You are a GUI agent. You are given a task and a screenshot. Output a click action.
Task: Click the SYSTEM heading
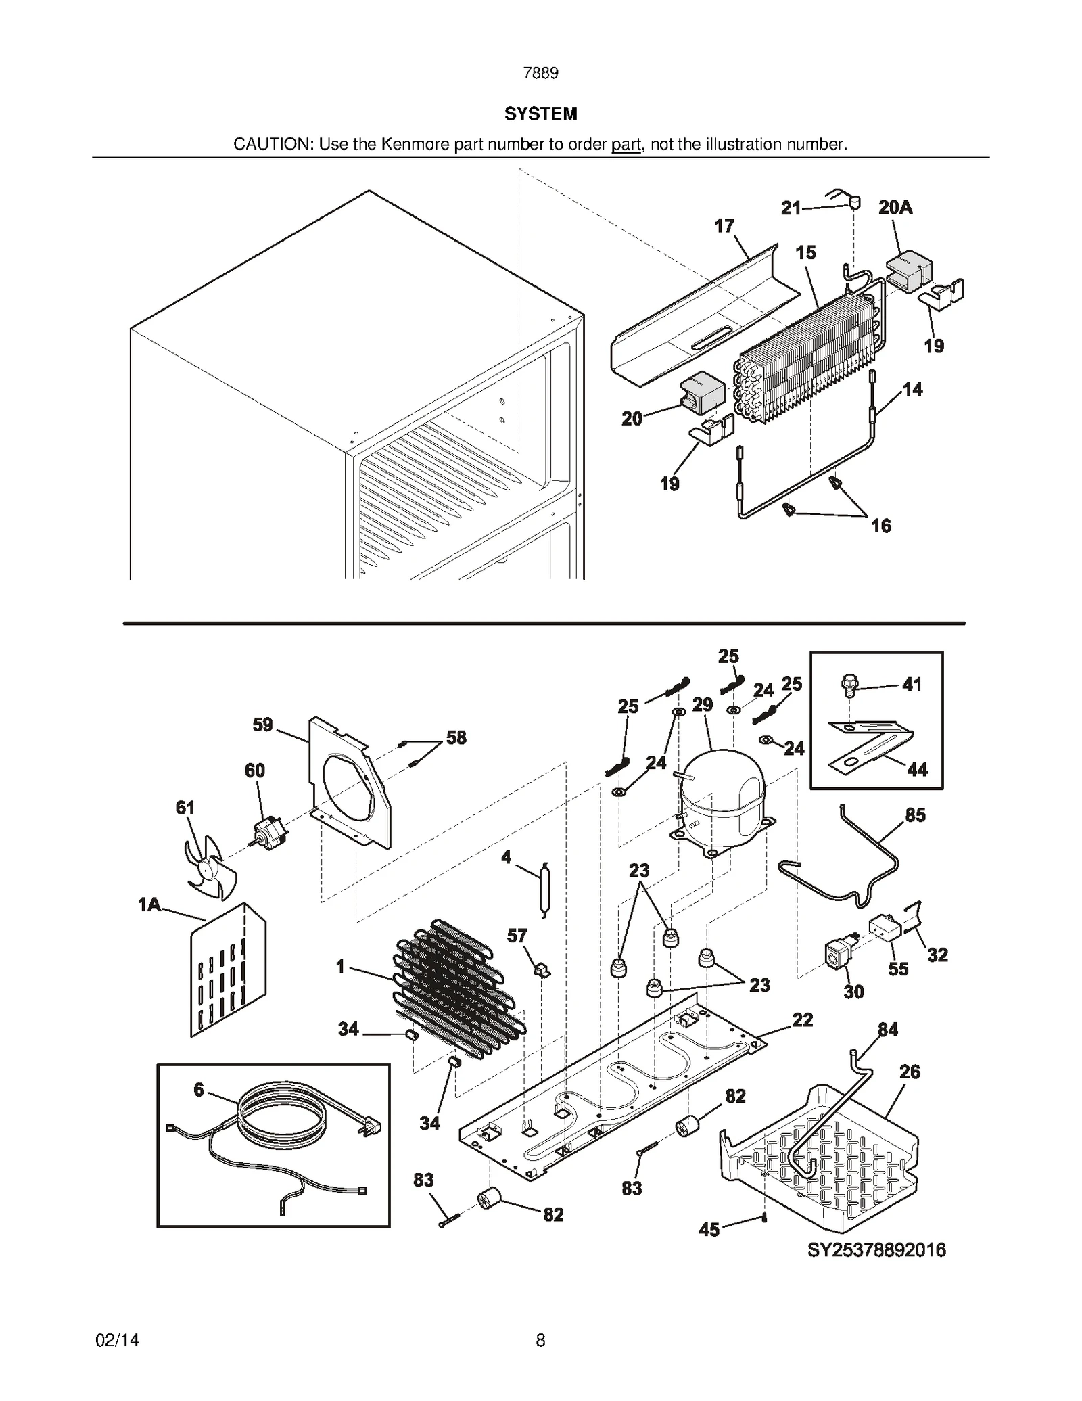540,114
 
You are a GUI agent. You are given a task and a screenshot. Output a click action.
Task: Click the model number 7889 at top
540,73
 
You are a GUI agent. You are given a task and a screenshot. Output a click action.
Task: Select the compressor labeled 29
721,798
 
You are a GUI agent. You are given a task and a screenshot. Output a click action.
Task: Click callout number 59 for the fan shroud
262,725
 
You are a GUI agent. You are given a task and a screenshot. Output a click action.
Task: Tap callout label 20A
895,208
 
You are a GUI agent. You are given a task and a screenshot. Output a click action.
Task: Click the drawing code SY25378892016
876,1250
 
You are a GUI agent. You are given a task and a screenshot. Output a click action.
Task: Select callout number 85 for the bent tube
915,815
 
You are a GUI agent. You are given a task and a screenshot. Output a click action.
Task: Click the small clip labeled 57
542,970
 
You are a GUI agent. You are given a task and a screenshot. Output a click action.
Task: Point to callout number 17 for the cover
724,226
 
